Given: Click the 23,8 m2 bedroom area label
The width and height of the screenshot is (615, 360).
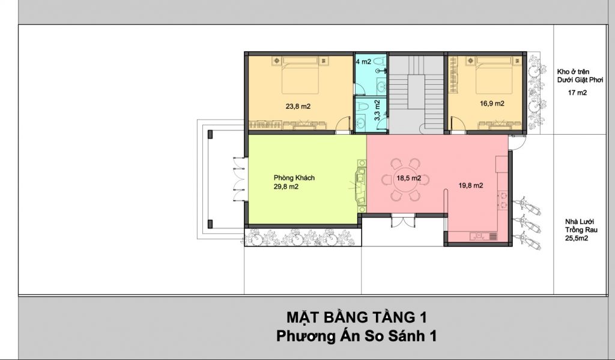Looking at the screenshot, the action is [x=298, y=106].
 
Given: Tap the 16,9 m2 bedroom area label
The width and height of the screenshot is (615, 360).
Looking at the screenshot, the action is [x=492, y=103].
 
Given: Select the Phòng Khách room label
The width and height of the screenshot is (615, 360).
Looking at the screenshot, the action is [x=294, y=178].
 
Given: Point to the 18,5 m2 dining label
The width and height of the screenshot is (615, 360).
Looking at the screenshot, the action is [x=408, y=178].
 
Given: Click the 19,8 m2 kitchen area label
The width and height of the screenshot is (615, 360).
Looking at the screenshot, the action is [x=471, y=185].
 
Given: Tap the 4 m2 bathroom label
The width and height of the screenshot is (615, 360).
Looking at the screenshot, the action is [x=363, y=62].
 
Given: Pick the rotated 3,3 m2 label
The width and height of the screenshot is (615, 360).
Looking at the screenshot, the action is [x=377, y=111].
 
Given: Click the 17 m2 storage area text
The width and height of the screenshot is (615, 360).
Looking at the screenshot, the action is [x=577, y=93].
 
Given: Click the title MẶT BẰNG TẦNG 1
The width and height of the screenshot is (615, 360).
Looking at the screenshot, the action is [x=357, y=317].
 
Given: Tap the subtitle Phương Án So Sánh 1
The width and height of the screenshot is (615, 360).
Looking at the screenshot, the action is [x=356, y=337].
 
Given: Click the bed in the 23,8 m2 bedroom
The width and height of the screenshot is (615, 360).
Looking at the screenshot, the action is [x=300, y=75].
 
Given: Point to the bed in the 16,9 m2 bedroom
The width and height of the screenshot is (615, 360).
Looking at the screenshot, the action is [x=494, y=75].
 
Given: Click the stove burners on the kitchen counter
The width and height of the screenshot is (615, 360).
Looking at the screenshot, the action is [x=503, y=200].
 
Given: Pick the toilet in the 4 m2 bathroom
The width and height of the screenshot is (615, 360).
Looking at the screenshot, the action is [x=378, y=62].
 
